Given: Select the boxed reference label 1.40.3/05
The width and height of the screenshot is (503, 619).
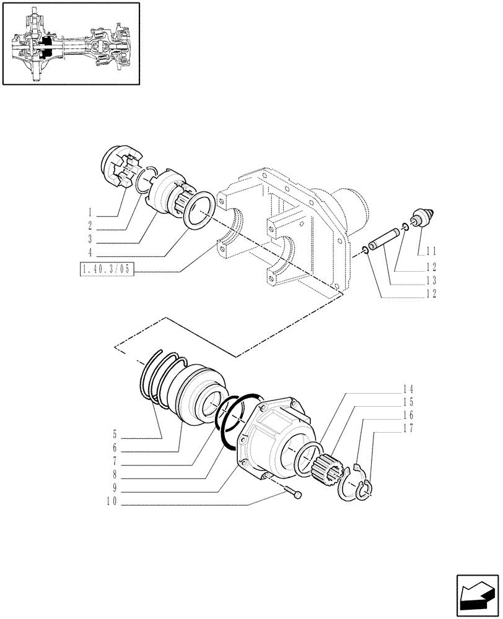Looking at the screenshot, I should (x=107, y=269).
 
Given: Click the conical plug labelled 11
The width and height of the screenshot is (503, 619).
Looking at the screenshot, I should (x=424, y=219).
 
